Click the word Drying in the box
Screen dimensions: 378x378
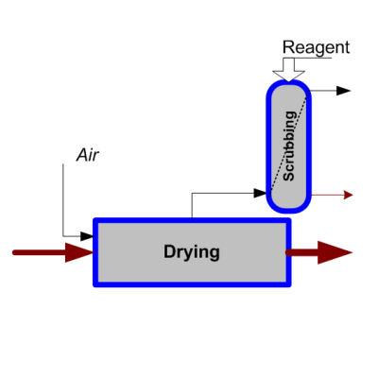click(x=192, y=252)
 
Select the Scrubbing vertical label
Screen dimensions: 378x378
click(x=289, y=146)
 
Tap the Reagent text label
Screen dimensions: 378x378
click(x=316, y=48)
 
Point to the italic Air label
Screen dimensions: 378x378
click(x=88, y=155)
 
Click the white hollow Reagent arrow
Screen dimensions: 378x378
click(x=288, y=70)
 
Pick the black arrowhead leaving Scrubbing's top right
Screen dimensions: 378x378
click(x=343, y=91)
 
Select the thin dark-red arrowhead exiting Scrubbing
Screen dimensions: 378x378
click(x=348, y=195)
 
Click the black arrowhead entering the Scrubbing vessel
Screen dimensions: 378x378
click(x=261, y=193)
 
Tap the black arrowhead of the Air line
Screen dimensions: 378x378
click(x=87, y=236)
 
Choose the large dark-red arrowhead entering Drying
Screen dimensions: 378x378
click(x=79, y=252)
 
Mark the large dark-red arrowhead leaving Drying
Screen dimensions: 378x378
click(x=335, y=252)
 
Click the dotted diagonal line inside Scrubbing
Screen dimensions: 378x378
click(x=288, y=144)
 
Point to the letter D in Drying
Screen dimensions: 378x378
click(x=169, y=251)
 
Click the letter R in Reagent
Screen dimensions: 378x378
click(x=287, y=47)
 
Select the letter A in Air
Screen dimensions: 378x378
click(x=82, y=155)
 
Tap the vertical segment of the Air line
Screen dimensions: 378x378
click(x=63, y=200)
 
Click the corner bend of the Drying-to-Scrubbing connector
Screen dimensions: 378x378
click(x=192, y=193)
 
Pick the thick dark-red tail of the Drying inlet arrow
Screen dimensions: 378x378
click(x=40, y=252)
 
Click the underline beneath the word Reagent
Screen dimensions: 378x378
click(x=307, y=58)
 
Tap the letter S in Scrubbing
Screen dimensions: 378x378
click(x=289, y=176)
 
